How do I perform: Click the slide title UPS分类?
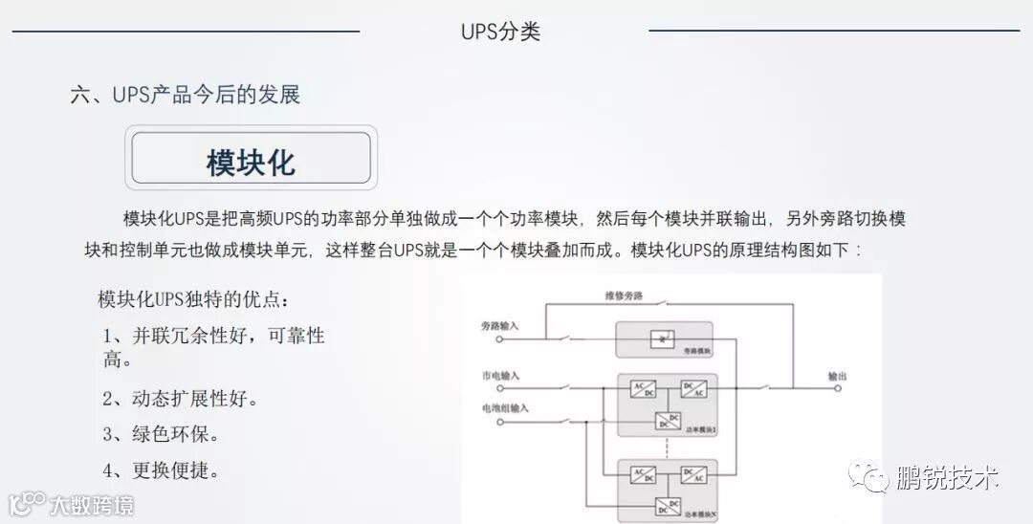[x=500, y=32]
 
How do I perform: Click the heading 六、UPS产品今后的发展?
[x=186, y=95]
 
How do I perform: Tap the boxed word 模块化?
[x=251, y=161]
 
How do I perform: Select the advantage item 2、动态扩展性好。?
[x=181, y=399]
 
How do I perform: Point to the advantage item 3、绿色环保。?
[x=162, y=434]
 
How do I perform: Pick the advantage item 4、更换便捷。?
[x=162, y=470]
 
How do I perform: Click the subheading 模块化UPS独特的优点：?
[x=191, y=299]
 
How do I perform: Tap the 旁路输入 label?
[x=499, y=326]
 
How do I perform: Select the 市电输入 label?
[x=499, y=376]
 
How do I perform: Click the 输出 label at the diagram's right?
[x=837, y=376]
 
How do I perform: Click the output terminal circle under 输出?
[x=837, y=388]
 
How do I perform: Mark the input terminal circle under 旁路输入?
[x=497, y=338]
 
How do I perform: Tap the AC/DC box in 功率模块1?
[x=642, y=389]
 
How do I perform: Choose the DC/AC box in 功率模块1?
[x=693, y=389]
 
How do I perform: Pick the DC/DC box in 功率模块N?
[x=668, y=504]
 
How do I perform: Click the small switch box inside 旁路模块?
[x=662, y=338]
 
